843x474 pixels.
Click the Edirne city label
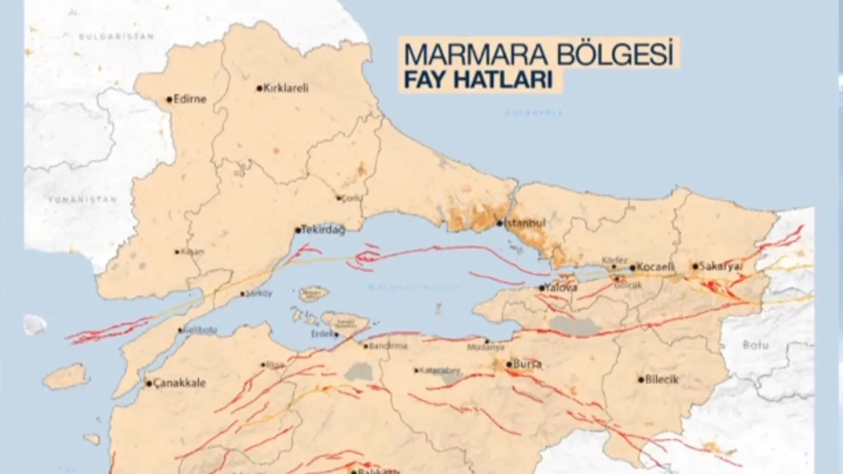click(x=190, y=99)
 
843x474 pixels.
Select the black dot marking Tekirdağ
click(x=297, y=230)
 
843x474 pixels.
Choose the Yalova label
click(x=562, y=288)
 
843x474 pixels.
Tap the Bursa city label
click(x=528, y=364)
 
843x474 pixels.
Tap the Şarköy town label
click(x=259, y=294)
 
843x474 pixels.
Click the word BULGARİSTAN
click(x=106, y=35)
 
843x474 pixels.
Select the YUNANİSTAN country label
click(x=81, y=199)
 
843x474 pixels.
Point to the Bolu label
click(x=757, y=345)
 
